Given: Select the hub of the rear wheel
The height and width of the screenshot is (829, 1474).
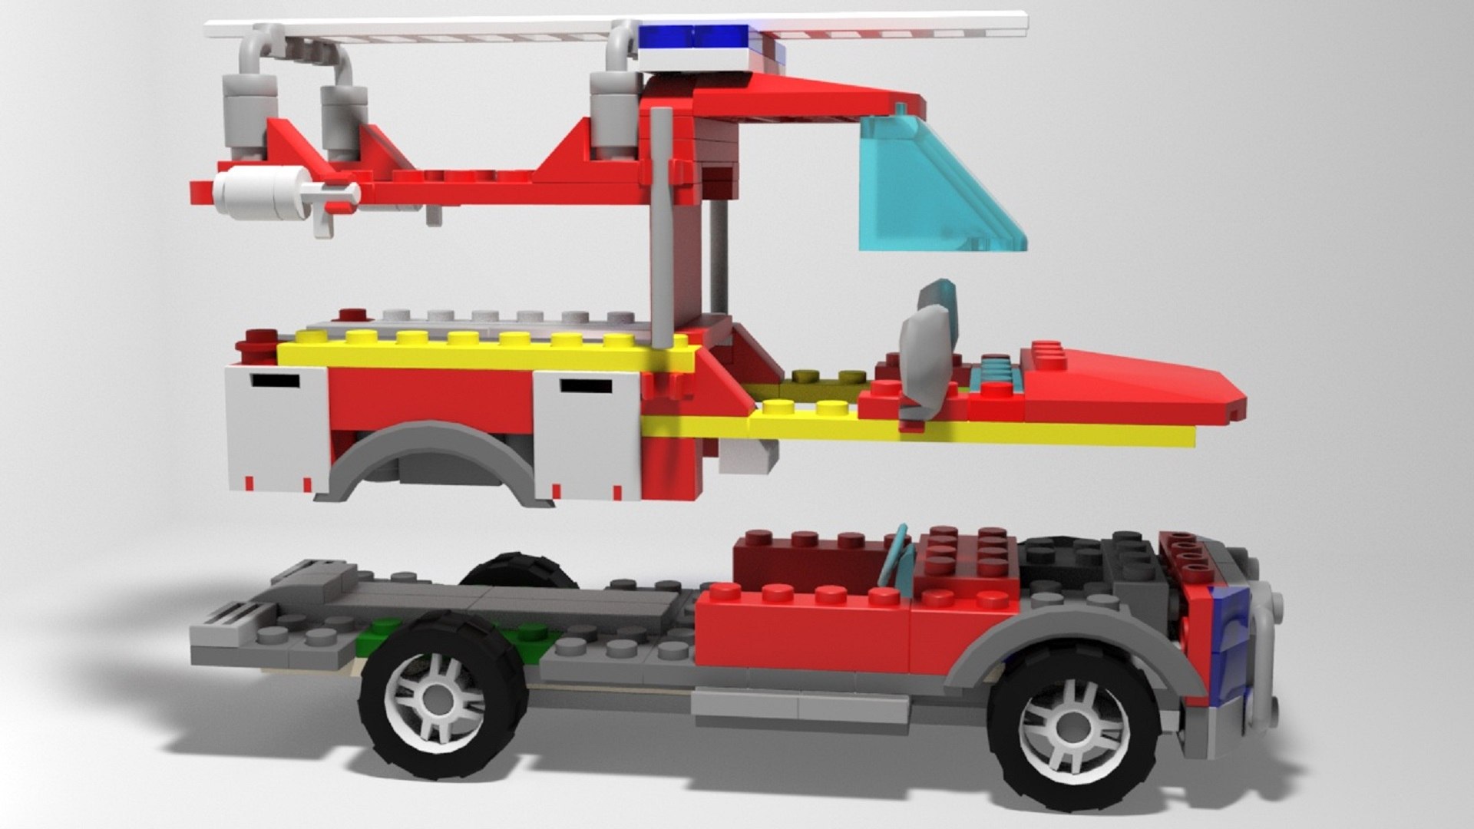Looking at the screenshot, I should click(x=438, y=699).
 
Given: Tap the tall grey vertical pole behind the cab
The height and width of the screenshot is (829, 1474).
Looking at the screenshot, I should click(x=661, y=230).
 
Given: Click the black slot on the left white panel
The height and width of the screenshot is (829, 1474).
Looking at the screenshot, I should click(x=276, y=379).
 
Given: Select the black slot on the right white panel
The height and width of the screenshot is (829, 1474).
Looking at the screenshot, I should click(x=586, y=385).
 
